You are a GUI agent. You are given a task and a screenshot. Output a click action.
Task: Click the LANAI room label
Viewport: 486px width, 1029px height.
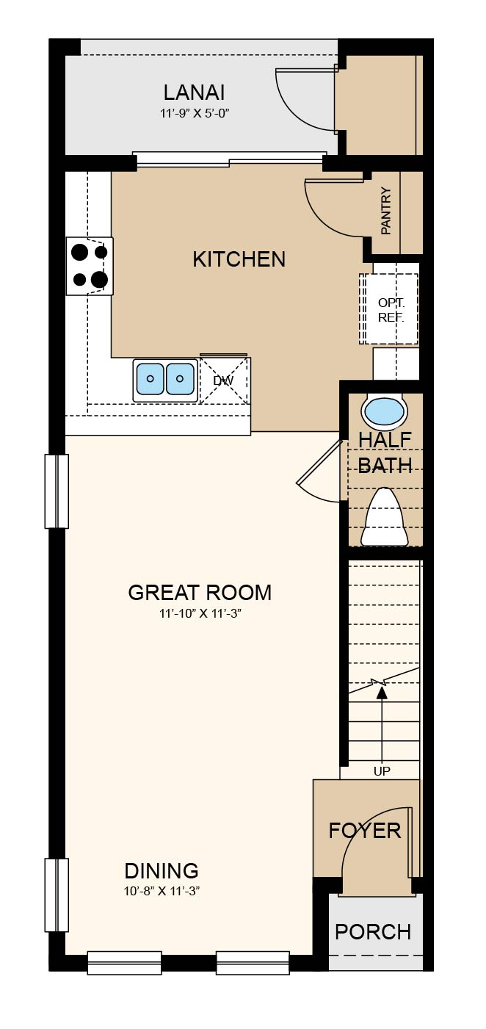195,93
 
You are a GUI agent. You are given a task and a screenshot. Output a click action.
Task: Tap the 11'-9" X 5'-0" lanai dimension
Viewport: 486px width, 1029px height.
195,113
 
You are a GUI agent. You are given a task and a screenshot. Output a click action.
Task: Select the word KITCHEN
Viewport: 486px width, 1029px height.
239,259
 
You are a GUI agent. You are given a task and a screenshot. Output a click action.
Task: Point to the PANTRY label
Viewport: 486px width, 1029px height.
386,211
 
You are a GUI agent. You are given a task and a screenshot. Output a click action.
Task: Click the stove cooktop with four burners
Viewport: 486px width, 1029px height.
90,266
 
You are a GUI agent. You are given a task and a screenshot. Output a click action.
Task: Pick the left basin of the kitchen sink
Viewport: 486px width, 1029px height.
150,379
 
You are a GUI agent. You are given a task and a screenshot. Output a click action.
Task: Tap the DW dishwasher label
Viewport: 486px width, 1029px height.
224,380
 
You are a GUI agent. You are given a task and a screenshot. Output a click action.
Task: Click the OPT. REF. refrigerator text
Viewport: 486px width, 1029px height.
391,310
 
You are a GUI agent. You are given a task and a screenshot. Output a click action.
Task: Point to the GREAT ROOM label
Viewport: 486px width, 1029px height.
200,593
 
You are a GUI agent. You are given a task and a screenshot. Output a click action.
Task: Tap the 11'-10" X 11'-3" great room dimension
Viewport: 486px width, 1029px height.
200,613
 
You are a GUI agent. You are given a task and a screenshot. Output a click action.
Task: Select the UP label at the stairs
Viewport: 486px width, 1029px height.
382,771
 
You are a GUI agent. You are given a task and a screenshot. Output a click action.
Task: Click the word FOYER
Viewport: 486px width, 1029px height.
365,831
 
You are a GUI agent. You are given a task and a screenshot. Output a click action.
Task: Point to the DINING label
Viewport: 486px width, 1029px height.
162,871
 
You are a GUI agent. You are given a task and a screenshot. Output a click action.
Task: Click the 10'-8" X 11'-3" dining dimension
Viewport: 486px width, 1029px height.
162,891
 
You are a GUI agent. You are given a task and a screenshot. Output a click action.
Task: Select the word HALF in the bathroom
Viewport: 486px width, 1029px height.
385,440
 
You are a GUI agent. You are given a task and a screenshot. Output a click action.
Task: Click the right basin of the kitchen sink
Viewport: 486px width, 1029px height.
180,379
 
